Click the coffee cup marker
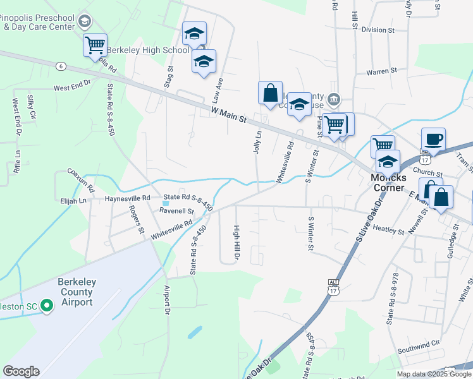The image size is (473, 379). coord(433,139)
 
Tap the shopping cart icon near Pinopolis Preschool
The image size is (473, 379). coord(95,45)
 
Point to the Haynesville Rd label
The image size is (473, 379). coord(129,198)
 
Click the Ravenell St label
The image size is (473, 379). coord(176,211)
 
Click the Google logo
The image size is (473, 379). coord(21,371)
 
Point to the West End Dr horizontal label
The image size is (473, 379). coord(73,88)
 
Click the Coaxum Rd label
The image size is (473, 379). coord(80,179)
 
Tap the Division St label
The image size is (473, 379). coord(378,30)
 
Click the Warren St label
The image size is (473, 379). coord(381,71)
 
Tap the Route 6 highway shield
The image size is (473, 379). coord(61,66)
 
